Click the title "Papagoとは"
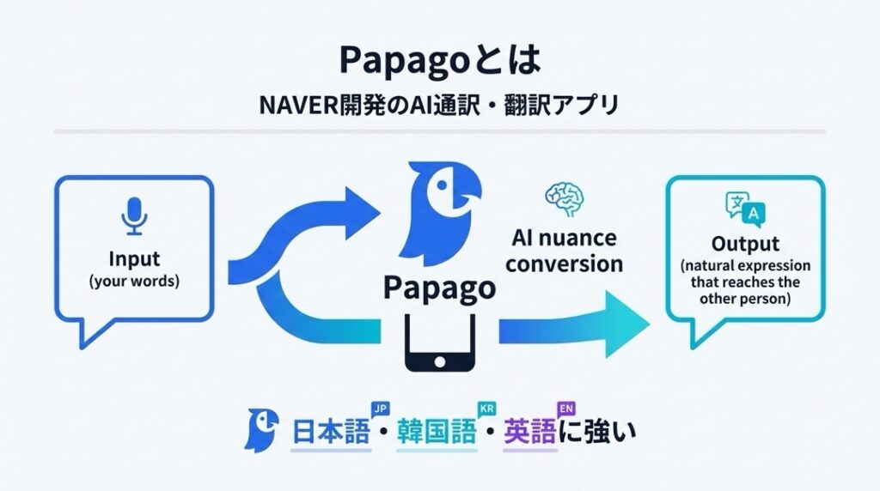[x=439, y=61]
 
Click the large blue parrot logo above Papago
[x=437, y=210]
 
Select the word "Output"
[x=745, y=244]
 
